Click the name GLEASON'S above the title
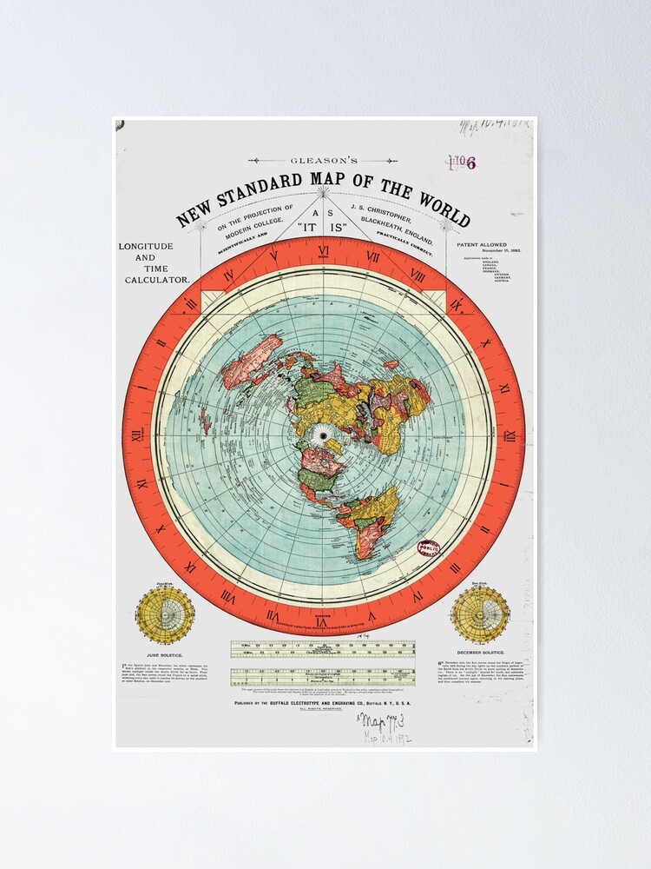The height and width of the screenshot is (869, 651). tap(323, 161)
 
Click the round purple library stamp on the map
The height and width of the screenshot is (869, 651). tap(428, 548)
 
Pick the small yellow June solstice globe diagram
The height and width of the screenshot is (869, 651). tap(165, 613)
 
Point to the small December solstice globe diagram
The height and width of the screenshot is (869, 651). tap(480, 613)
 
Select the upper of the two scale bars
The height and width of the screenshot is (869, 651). tap(323, 648)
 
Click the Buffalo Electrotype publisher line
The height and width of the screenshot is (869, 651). tap(323, 702)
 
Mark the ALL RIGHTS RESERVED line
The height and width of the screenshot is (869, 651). tap(323, 710)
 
